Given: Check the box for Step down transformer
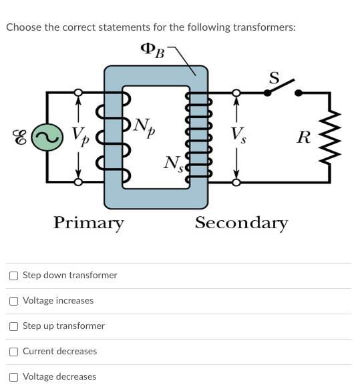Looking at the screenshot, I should [13, 276].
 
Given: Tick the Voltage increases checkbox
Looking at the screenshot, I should [13, 301].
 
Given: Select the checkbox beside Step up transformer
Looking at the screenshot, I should [13, 326].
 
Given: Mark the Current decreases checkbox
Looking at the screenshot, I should [13, 352].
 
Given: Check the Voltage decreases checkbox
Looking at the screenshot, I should [13, 377].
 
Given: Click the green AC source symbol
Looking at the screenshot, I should [47, 137].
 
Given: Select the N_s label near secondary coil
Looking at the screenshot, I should [174, 162].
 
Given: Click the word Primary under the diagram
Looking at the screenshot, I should [89, 222].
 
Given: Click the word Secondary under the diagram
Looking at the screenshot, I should [242, 222].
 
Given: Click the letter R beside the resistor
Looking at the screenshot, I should [304, 138].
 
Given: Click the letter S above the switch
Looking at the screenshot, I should [274, 76].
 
